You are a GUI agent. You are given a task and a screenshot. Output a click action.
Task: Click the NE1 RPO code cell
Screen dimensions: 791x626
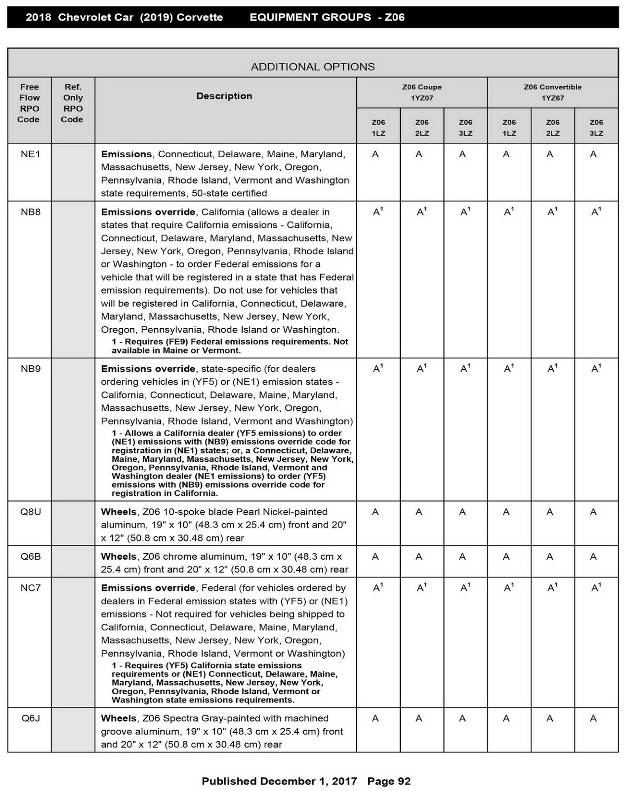click(30, 154)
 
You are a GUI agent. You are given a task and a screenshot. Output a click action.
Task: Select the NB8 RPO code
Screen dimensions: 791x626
click(30, 212)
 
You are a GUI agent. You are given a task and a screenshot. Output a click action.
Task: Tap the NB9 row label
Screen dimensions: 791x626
click(30, 369)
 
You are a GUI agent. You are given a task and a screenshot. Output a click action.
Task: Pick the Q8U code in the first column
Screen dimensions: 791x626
click(30, 512)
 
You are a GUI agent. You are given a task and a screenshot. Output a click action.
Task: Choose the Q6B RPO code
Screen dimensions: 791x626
click(30, 556)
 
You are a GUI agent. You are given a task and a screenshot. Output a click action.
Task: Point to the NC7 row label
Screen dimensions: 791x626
click(30, 588)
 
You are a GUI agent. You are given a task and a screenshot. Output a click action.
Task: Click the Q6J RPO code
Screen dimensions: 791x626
click(30, 718)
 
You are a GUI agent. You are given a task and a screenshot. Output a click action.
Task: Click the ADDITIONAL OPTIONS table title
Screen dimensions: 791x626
click(313, 67)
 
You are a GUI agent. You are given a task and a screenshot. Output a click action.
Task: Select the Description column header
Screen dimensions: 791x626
click(224, 96)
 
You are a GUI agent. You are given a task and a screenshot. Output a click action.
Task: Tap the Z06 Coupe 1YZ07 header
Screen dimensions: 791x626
click(421, 92)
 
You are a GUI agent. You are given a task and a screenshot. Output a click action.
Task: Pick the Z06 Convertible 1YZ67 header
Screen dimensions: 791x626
click(552, 92)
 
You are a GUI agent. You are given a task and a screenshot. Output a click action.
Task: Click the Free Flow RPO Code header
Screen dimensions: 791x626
click(29, 103)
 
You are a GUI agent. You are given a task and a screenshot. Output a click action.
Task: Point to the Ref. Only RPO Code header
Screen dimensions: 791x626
click(73, 103)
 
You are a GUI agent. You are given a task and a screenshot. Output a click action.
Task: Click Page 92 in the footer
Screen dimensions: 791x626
click(389, 781)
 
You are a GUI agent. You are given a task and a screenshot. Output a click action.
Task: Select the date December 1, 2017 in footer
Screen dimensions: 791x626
click(308, 781)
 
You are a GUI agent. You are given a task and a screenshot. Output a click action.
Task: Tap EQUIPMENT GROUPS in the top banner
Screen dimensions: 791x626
click(310, 17)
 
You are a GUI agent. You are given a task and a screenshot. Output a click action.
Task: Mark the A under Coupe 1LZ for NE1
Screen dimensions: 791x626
click(376, 154)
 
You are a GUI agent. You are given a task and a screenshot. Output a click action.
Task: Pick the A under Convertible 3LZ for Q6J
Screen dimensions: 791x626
click(593, 718)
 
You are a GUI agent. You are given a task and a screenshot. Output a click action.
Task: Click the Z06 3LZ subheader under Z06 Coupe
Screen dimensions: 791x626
click(465, 128)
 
